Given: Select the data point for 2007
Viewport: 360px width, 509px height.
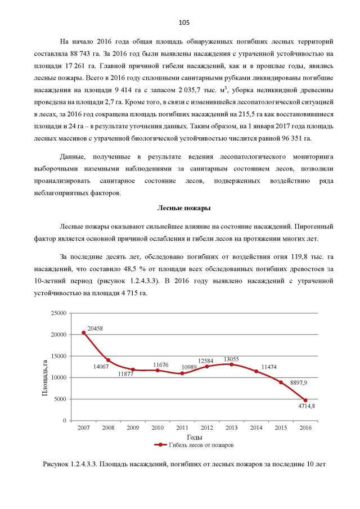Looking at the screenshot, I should click(x=84, y=332).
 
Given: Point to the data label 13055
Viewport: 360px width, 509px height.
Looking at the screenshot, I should click(x=232, y=358).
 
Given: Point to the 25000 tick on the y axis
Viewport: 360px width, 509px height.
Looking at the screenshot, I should click(x=58, y=313).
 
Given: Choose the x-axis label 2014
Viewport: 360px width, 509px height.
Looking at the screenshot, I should click(x=256, y=429).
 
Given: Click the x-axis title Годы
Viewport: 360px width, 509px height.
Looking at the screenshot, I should click(x=194, y=437).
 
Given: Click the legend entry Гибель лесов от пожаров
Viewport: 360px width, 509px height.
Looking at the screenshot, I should click(x=195, y=445).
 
